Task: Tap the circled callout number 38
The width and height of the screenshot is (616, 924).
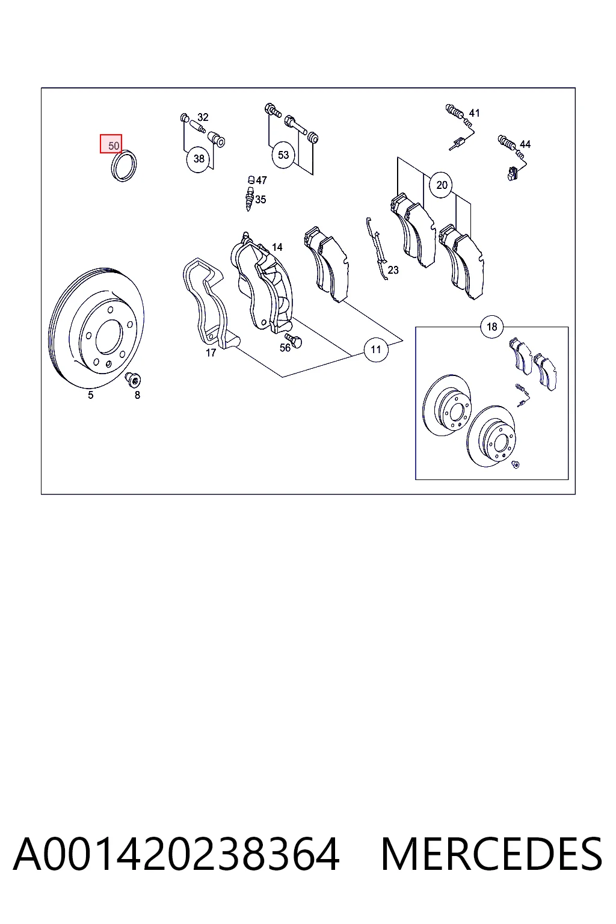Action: pos(199,159)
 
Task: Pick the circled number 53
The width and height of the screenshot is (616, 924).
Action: pos(283,155)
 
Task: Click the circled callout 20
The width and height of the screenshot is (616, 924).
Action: pos(442,185)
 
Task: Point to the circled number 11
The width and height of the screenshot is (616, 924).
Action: pos(375,350)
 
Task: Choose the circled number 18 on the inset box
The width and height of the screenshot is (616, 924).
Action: pos(492,327)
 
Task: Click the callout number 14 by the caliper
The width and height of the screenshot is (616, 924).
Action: pos(277,247)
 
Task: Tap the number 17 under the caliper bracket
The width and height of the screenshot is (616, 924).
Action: pos(211,353)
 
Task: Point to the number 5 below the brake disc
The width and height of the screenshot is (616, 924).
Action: pos(91,395)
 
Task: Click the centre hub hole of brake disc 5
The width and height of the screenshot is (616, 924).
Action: pos(109,337)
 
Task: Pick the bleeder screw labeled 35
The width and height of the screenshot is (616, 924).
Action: pos(250,199)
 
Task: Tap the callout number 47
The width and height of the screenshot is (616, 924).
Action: pos(261,180)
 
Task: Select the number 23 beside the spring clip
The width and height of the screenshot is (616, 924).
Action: pos(393,270)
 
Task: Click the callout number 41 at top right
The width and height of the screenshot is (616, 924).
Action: pos(474,113)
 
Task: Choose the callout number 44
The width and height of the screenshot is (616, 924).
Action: pos(525,144)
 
